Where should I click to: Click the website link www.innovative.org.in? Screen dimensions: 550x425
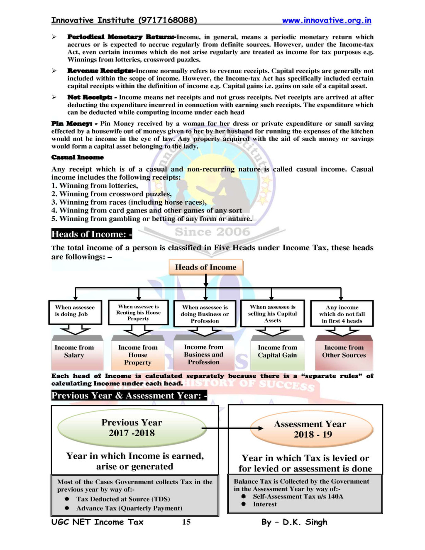(326, 20)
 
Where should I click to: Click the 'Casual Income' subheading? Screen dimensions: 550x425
(77, 157)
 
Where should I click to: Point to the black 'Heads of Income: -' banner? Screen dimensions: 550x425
(91, 234)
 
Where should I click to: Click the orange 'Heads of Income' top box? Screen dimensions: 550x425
(205, 267)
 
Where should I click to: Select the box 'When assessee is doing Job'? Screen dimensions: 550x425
(75, 312)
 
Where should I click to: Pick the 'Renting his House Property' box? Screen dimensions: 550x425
(138, 313)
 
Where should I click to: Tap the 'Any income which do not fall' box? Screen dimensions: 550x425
(342, 314)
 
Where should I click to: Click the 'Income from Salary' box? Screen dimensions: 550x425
(74, 352)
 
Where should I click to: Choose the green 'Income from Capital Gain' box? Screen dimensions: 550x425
(277, 352)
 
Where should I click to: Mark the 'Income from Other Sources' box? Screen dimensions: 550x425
(344, 352)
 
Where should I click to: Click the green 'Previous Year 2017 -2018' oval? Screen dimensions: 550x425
(132, 428)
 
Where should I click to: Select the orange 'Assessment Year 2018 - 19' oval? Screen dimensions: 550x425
(310, 430)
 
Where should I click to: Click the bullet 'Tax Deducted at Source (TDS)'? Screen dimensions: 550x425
(123, 499)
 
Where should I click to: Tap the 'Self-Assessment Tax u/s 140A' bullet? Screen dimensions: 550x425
(298, 496)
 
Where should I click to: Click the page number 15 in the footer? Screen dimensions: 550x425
(186, 522)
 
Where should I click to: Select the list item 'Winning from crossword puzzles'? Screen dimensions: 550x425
(115, 194)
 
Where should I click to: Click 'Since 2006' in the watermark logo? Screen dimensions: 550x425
(212, 232)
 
